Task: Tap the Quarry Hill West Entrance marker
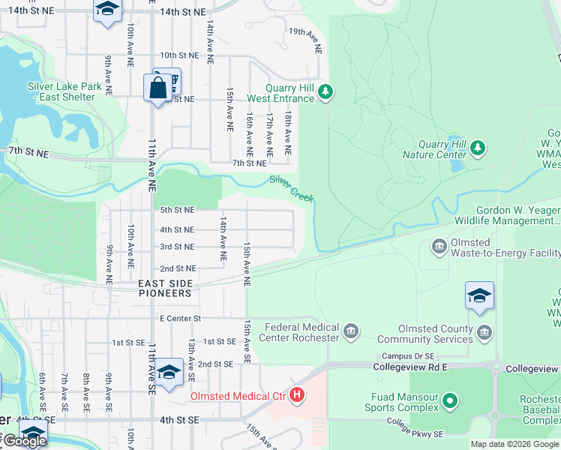pyautogui.click(x=325, y=92)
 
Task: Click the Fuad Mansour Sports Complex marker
pyautogui.click(x=450, y=401)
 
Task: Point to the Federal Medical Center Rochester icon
pyautogui.click(x=350, y=331)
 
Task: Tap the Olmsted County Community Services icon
pyautogui.click(x=484, y=331)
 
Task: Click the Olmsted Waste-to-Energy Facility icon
pyautogui.click(x=439, y=245)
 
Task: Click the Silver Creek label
pyautogui.click(x=292, y=188)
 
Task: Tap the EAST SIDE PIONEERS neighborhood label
pyautogui.click(x=165, y=288)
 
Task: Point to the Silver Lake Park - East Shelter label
pyautogui.click(x=64, y=92)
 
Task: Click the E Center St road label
pyautogui.click(x=181, y=319)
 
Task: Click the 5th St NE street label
pyautogui.click(x=178, y=210)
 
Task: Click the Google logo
pyautogui.click(x=24, y=441)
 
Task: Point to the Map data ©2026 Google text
pyautogui.click(x=514, y=444)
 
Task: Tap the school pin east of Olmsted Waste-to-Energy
pyautogui.click(x=479, y=298)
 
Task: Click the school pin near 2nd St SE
pyautogui.click(x=169, y=373)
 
